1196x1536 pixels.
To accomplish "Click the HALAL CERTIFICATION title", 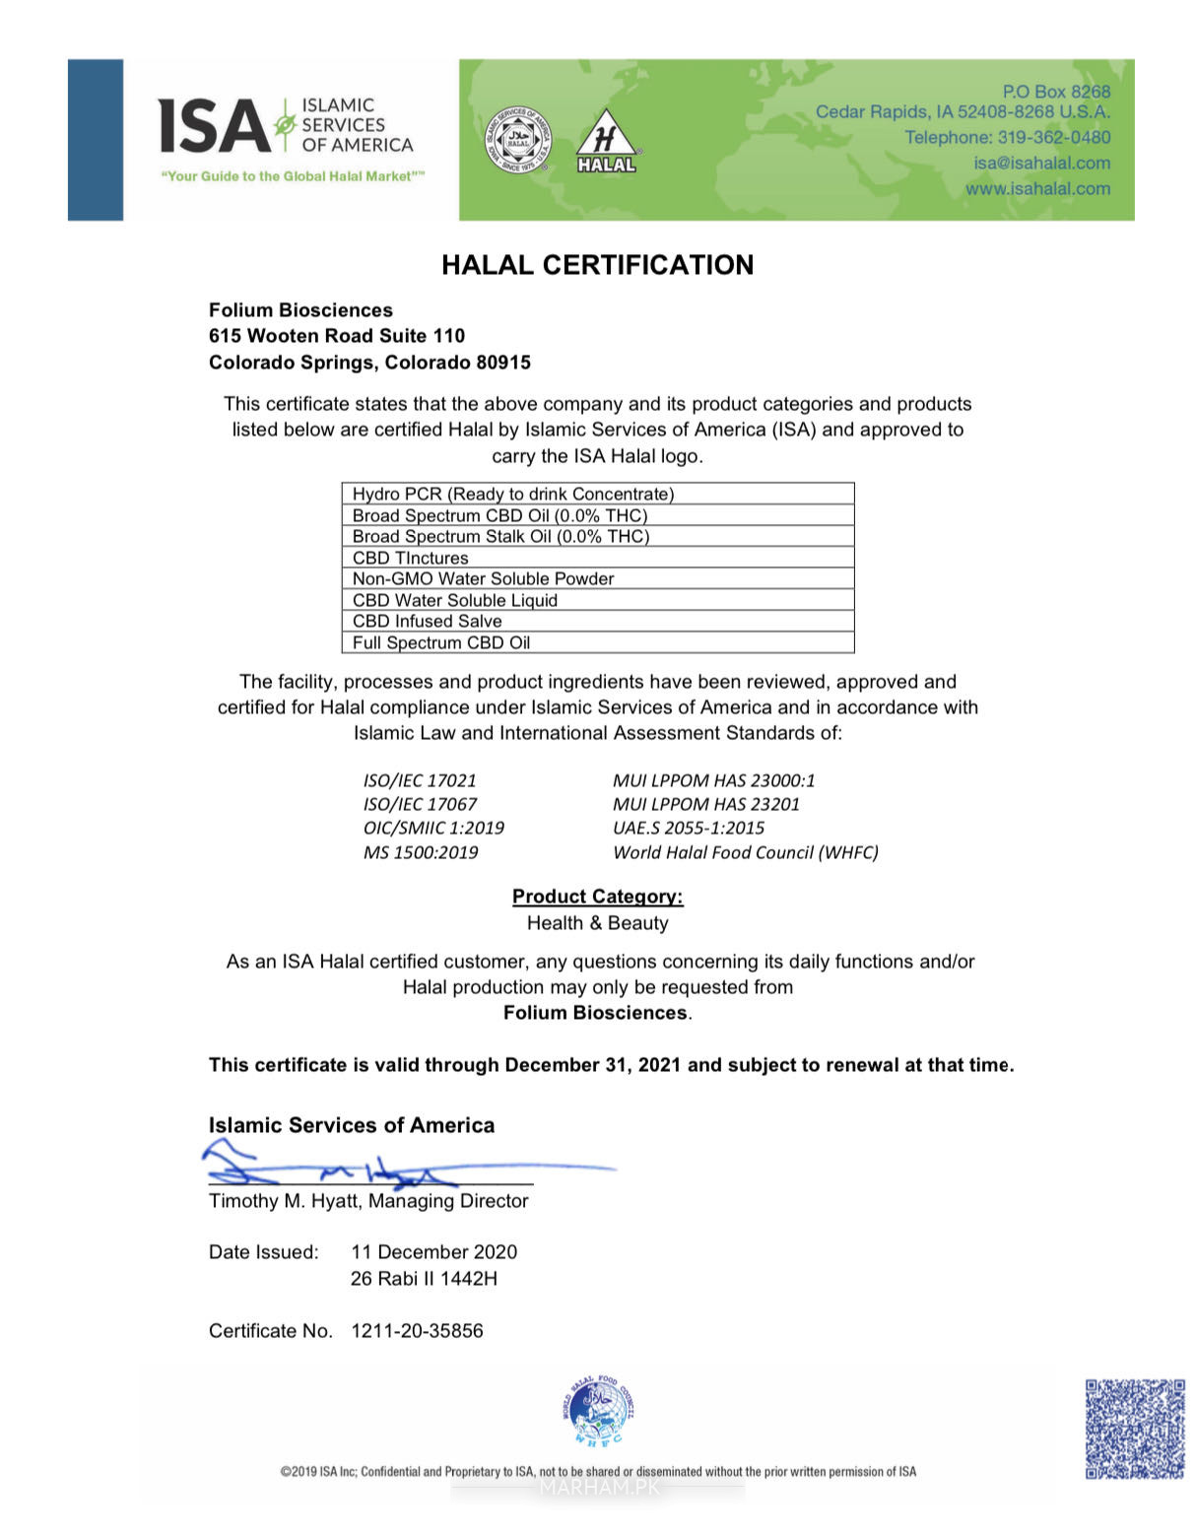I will click(x=597, y=265).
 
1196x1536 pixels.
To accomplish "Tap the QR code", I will click(x=1135, y=1429).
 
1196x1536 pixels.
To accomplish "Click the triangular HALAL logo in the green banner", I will click(x=606, y=142).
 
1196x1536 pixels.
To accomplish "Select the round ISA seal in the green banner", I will click(x=518, y=140).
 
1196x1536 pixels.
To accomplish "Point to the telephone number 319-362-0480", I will click(x=1053, y=137).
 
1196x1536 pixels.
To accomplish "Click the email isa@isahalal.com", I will click(x=1041, y=163).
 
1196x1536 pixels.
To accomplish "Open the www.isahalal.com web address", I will click(x=1037, y=188).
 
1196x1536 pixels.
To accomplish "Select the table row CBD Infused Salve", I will click(x=597, y=621).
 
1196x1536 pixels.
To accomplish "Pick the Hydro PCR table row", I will click(x=597, y=494).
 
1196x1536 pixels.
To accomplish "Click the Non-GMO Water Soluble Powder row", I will click(x=597, y=578).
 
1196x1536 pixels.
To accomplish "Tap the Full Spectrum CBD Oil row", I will click(x=597, y=642).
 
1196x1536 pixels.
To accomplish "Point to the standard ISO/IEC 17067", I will click(x=420, y=804).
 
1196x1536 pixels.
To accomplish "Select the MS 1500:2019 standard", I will click(x=421, y=852).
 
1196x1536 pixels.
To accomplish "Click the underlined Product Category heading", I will click(x=597, y=897).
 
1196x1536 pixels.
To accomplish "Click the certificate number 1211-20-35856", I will click(x=417, y=1331).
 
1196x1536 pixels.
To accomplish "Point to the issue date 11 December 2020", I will click(x=433, y=1252).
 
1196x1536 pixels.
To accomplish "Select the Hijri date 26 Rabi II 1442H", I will click(x=424, y=1279).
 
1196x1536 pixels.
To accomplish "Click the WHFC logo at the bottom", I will click(x=599, y=1412).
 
